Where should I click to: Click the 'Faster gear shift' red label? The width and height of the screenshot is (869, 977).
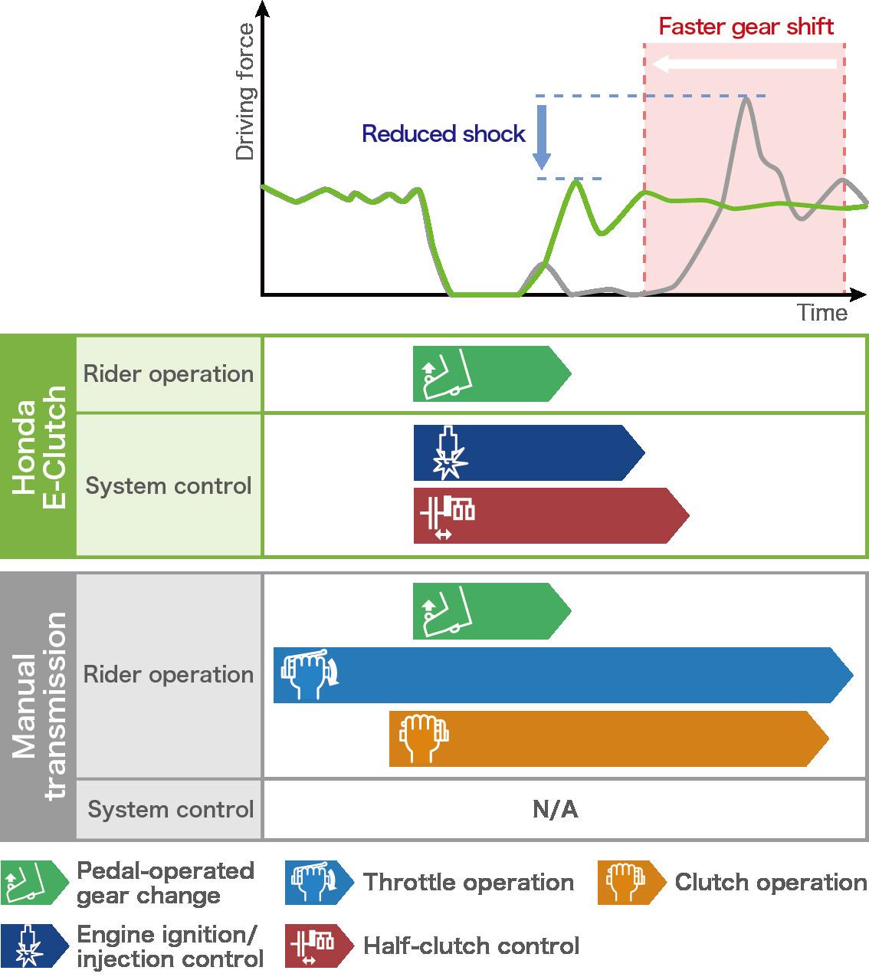746,28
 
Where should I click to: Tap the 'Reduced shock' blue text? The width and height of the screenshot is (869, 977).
444,134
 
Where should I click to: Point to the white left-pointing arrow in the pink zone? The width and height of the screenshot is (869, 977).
744,64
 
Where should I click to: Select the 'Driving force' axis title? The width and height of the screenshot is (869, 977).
245,92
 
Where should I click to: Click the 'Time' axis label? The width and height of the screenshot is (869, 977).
821,313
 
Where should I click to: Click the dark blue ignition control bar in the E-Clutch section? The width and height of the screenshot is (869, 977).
529,453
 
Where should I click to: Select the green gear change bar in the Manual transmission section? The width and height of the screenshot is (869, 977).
491,611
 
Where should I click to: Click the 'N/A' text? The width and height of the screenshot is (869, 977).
555,810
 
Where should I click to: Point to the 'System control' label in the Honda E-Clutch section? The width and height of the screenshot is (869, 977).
169,486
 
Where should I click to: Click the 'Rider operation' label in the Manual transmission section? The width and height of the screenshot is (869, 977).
169,675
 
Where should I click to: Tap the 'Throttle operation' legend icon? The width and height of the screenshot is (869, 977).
317,883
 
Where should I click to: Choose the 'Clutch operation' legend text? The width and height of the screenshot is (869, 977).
770,883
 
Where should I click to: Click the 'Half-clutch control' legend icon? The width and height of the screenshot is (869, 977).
317,946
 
